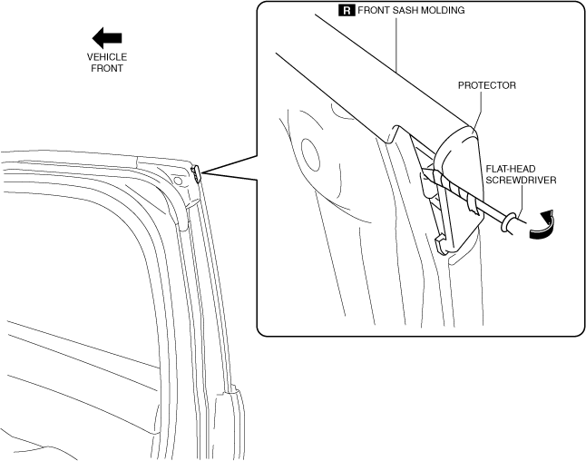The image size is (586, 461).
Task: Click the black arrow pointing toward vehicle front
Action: click(107, 37)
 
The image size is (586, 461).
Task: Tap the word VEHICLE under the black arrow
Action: click(107, 56)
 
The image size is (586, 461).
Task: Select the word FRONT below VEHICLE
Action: click(107, 68)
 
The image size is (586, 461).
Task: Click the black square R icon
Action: click(347, 11)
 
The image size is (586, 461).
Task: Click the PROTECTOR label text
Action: click(486, 85)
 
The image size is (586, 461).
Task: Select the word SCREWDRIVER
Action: click(521, 180)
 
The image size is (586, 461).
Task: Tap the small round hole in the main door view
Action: click(178, 181)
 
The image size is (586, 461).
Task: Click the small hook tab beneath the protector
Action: click(442, 242)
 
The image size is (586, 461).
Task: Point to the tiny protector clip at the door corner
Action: click(196, 172)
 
